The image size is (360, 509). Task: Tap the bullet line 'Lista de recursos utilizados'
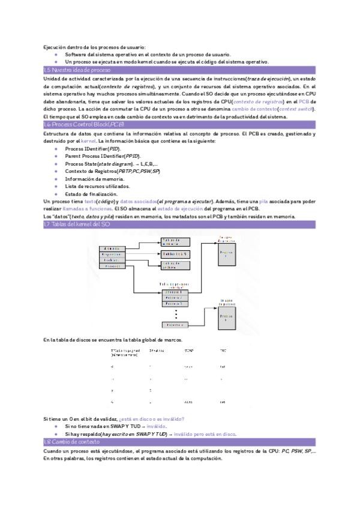pyautogui.click(x=97, y=187)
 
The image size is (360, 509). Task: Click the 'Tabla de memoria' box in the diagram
pyautogui.click(x=176, y=241)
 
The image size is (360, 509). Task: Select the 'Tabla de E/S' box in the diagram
pyautogui.click(x=176, y=254)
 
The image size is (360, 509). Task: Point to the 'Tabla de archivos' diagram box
pyautogui.click(x=176, y=266)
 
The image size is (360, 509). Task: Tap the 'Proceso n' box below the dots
pyautogui.click(x=175, y=325)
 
